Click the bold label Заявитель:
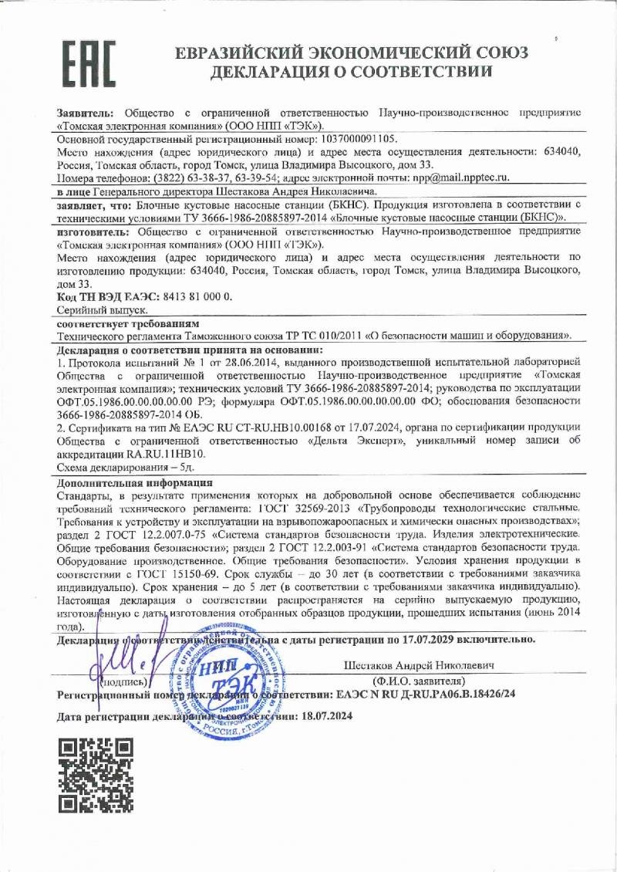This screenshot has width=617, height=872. pyautogui.click(x=86, y=113)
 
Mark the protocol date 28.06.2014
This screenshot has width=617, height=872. pyautogui.click(x=214, y=363)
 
